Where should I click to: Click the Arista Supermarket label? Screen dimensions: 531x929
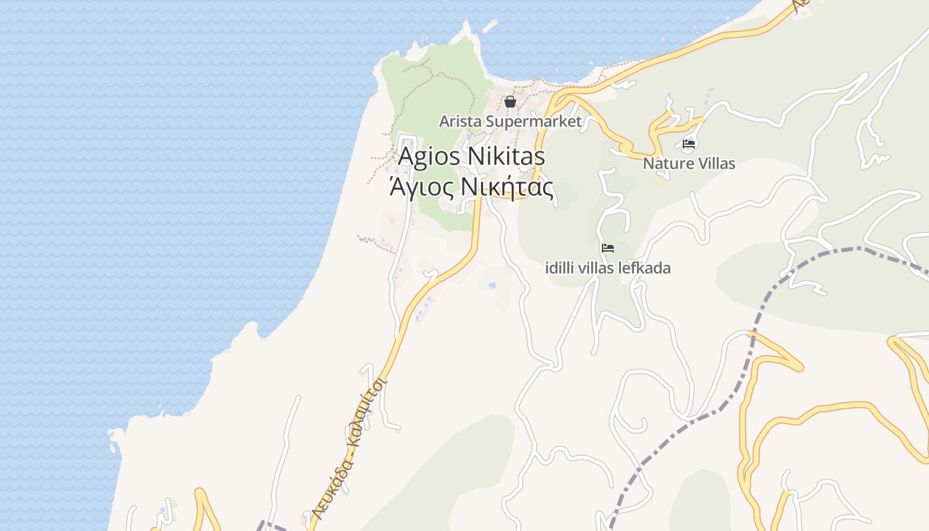510,121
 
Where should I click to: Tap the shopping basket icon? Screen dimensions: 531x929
510,102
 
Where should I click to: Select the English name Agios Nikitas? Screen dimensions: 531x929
471,157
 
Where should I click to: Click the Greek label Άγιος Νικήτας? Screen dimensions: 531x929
471,189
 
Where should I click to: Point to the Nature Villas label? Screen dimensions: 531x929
689,163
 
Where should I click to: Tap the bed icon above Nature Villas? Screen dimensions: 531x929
689,143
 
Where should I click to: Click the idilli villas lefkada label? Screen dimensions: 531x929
607,268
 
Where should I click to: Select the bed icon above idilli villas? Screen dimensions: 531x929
607,248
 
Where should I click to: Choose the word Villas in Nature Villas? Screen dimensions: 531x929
713,163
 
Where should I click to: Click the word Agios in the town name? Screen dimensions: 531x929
429,157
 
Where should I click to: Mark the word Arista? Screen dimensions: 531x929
461,121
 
